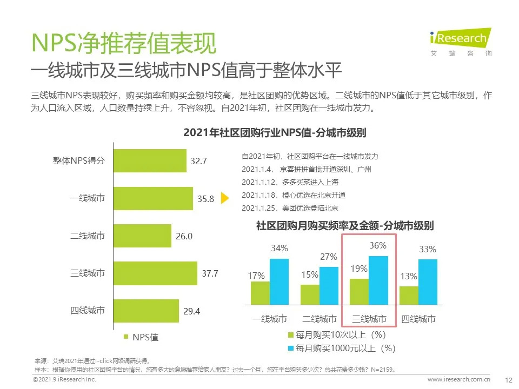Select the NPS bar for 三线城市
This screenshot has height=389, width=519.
[156, 273]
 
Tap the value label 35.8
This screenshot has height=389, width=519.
[205, 199]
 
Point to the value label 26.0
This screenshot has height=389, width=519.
[184, 236]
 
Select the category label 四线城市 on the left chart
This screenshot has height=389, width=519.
[88, 311]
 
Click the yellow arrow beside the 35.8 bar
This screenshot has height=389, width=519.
[227, 198]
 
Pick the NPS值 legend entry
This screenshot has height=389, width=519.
[141, 337]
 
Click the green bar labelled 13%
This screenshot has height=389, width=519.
[409, 296]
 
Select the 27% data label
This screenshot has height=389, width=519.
[329, 257]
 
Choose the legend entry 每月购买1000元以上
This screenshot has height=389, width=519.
[342, 347]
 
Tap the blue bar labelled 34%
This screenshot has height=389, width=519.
[279, 282]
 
